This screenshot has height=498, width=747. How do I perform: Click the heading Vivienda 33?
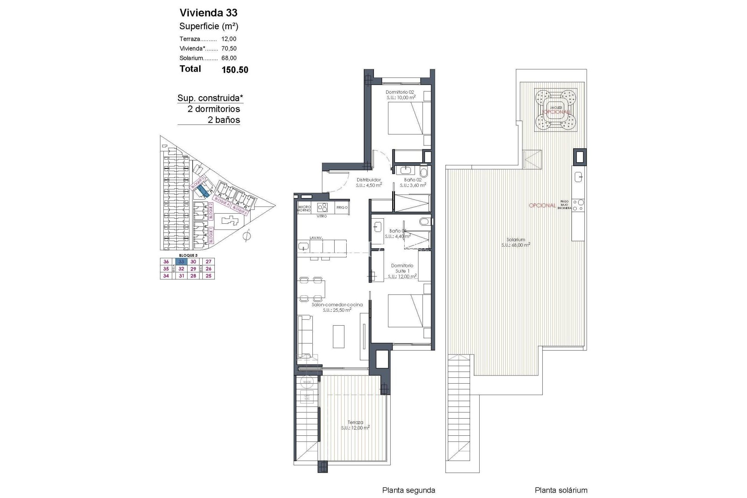pos(208,13)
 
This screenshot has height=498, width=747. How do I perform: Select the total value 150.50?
pos(235,70)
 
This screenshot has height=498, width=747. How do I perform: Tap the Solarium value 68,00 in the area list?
pos(229,58)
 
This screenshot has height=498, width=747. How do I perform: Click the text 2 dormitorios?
pos(214,109)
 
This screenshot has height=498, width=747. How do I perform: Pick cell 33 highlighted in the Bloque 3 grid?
pos(181,262)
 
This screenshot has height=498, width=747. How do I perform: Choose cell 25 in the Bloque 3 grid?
pos(209,276)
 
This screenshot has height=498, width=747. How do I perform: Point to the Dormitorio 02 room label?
pos(400,95)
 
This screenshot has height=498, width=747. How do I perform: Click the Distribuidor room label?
pos(368,182)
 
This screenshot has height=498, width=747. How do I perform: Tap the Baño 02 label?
pos(412,182)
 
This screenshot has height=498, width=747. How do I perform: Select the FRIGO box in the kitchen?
pos(342,207)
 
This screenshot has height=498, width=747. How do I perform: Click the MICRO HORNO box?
pos(304,209)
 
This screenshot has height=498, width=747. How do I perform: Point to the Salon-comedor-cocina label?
pos(337,307)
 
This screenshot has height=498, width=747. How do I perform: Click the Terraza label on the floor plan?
pos(355,425)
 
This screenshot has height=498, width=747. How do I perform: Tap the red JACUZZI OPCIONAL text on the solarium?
pos(556,110)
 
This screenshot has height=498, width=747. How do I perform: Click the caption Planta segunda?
pos(409,490)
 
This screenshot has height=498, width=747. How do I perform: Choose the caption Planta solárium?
pos(561,490)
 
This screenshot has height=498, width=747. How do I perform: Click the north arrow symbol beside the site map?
pos(247,235)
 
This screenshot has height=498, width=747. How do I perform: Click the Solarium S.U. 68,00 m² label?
pos(516,242)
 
